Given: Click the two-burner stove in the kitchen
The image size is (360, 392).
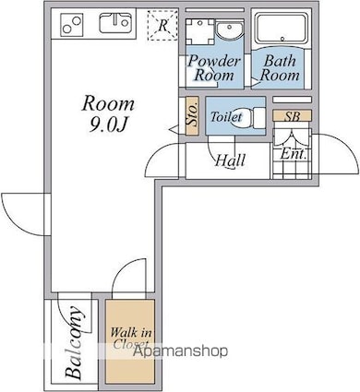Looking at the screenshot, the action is coord(72,25).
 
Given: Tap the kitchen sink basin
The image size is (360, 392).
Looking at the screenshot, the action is coord(114,23).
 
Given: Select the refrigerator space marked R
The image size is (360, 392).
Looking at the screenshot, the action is coord(162,25).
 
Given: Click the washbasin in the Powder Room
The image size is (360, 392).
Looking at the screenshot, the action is coord(229,30).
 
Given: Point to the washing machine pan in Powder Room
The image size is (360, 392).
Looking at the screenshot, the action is coord(200,31).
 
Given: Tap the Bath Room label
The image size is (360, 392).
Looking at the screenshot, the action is coord(280,68).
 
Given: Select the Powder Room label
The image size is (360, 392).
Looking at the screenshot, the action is coord(214,68).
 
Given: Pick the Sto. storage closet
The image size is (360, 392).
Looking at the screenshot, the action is coord(191,116).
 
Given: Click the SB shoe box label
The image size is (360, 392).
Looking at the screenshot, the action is coord(292,116).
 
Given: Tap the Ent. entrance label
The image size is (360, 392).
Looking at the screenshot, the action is coord(294,153).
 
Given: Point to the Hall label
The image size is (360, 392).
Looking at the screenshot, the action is coord(231,160).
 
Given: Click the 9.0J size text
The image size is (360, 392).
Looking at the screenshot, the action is coord(108,125).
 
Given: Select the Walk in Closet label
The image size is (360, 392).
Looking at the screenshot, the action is coord(130,339).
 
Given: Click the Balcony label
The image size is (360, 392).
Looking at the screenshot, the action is coord(75,342).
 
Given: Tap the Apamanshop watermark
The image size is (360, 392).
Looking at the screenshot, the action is coord(180,350).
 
